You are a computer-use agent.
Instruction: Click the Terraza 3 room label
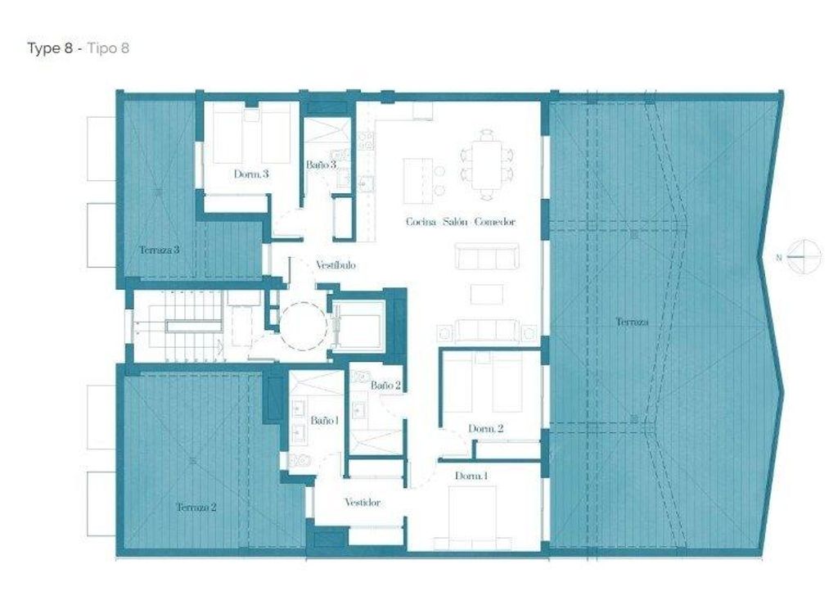pos(160,250)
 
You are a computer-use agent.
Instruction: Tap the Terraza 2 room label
pos(196,508)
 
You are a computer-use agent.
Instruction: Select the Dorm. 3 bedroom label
pos(251,174)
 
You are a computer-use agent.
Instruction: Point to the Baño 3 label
pos(321,165)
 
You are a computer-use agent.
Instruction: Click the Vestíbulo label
pos(336,265)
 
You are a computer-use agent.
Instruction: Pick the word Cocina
pos(421,221)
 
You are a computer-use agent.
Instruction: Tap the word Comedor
pos(495,221)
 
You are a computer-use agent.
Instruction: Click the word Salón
pos(455,221)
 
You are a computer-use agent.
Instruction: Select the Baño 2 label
pos(385,385)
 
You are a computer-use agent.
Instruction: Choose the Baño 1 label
pos(324,421)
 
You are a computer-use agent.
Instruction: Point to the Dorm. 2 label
pos(486,428)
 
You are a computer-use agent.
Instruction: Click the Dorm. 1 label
pos(471,476)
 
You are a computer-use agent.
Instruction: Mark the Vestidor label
pos(363,503)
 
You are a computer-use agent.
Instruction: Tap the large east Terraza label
pos(633,322)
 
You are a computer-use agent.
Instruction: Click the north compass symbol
pos(804,257)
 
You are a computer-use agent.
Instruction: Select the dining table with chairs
pos(487,165)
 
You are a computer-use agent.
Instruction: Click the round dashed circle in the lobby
pos(303,326)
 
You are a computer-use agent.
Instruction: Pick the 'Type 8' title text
pos(50,48)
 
